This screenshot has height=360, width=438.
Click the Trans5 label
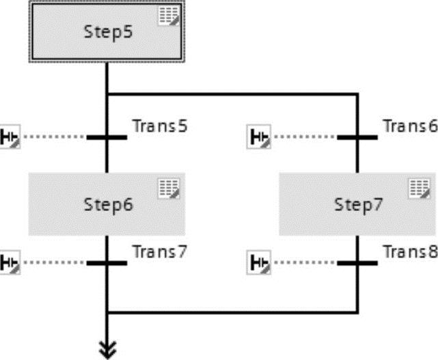[x=159, y=126]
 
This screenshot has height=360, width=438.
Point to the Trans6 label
[x=409, y=126]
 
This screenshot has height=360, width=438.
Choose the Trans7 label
[x=159, y=251]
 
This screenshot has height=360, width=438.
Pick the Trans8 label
[x=409, y=251]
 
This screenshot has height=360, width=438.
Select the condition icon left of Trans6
[x=258, y=137]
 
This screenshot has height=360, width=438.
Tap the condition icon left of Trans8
[x=258, y=262]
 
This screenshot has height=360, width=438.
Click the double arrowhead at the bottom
[x=107, y=349]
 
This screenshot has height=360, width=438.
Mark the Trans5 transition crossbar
[x=107, y=137]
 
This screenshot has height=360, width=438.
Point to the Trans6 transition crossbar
[x=357, y=137]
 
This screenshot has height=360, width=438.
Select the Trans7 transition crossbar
[x=107, y=262]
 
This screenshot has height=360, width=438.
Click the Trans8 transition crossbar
[x=357, y=262]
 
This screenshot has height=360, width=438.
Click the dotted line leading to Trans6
[x=304, y=137]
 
